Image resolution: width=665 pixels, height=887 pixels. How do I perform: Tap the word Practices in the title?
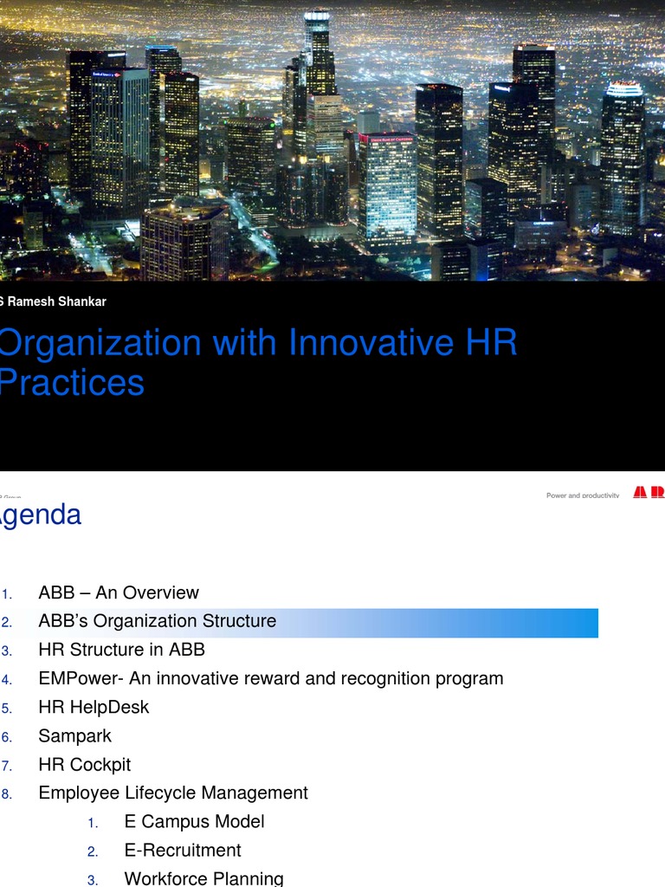click(73, 383)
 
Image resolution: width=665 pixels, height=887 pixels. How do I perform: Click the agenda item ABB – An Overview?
click(119, 592)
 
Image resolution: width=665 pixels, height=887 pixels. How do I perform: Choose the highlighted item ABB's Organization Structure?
click(158, 621)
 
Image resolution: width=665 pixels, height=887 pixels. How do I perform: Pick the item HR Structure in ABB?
click(122, 650)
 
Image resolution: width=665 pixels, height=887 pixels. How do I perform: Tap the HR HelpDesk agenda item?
click(94, 707)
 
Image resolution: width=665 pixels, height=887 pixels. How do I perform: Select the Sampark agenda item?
click(75, 735)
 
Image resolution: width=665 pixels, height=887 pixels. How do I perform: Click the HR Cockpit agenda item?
click(85, 764)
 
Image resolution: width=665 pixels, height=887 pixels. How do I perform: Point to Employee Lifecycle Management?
click(173, 793)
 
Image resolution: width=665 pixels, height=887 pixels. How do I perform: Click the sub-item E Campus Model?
click(194, 821)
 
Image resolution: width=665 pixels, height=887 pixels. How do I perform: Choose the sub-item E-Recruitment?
click(183, 850)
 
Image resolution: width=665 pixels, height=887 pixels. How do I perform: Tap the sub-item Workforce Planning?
click(203, 878)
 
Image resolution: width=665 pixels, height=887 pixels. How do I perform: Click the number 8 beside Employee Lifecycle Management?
click(6, 793)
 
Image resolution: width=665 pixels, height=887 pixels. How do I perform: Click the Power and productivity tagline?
click(583, 495)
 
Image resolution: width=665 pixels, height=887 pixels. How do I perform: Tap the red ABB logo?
click(649, 492)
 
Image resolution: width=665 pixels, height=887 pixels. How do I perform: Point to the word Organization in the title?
click(100, 343)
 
